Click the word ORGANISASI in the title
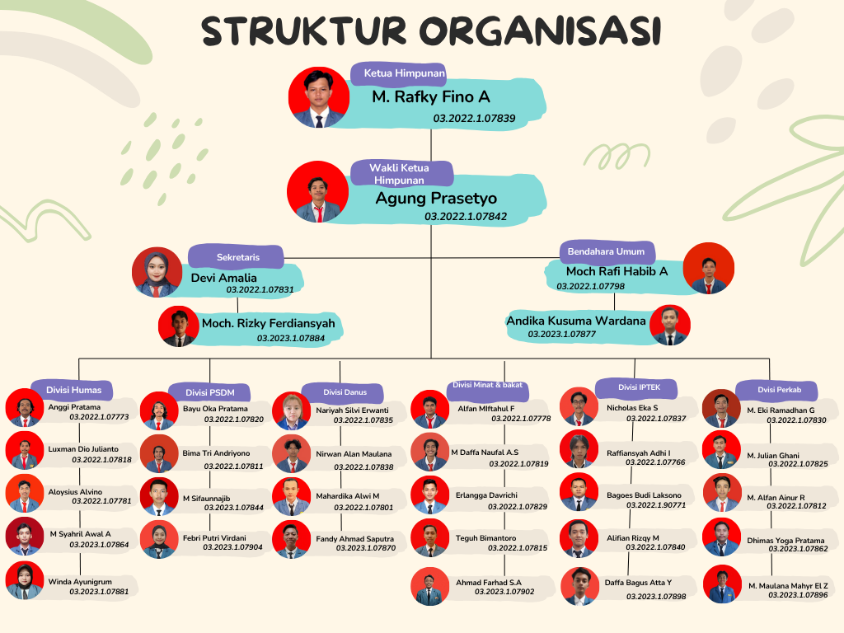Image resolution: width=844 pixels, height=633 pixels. pyautogui.click(x=540, y=31)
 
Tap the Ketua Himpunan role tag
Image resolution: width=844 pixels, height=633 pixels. pyautogui.click(x=398, y=73)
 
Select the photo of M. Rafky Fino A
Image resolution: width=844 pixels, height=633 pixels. pyautogui.click(x=319, y=97)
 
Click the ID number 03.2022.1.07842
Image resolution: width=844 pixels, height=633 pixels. pyautogui.click(x=466, y=217)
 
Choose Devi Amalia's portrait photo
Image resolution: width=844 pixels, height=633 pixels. pyautogui.click(x=157, y=272)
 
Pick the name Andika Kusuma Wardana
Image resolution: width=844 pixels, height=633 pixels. pyautogui.click(x=576, y=321)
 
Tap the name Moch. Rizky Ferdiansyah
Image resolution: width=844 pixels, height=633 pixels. pyautogui.click(x=268, y=323)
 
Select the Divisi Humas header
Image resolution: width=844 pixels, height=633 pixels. pyautogui.click(x=73, y=390)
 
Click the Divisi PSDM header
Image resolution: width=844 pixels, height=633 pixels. pyautogui.click(x=209, y=392)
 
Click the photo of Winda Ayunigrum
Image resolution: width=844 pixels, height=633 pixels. pyautogui.click(x=25, y=580)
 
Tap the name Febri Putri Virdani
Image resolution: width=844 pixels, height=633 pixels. pyautogui.click(x=214, y=537)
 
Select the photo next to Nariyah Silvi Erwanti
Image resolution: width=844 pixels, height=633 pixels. pyautogui.click(x=291, y=410)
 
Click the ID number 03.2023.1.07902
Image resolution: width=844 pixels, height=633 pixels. pyautogui.click(x=504, y=592)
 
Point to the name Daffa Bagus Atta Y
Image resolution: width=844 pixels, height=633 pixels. pyautogui.click(x=638, y=583)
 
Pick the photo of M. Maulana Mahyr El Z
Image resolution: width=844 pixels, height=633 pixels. pyautogui.click(x=722, y=584)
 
